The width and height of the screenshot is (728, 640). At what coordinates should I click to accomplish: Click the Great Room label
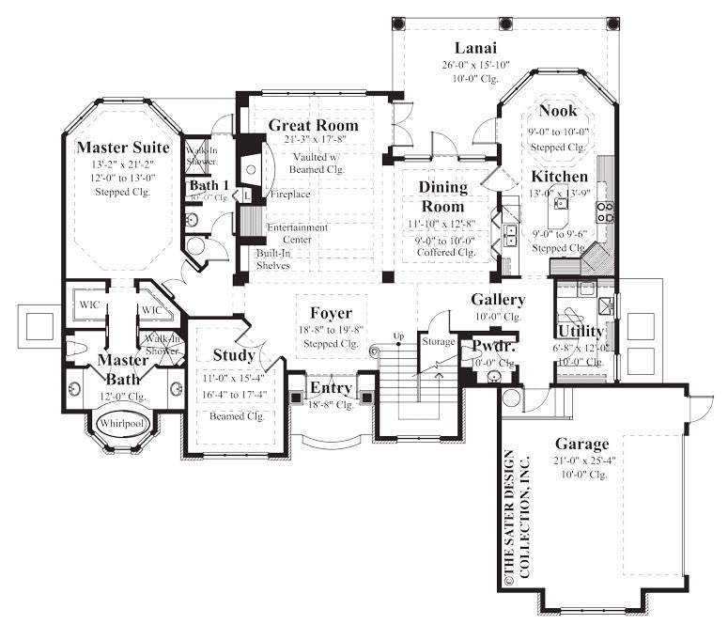click(314, 125)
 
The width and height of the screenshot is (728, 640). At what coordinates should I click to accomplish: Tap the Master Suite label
click(122, 148)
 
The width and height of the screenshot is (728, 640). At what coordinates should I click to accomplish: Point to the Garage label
click(581, 444)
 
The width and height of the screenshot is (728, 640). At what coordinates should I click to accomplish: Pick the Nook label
click(558, 112)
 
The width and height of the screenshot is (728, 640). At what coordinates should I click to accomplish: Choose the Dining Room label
click(442, 196)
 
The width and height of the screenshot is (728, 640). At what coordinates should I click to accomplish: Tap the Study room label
click(234, 356)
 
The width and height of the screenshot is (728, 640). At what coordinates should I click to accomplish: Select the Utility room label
click(581, 332)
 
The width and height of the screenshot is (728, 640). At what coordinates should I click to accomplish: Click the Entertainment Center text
click(297, 233)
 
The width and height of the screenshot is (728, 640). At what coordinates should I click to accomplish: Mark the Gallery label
click(498, 300)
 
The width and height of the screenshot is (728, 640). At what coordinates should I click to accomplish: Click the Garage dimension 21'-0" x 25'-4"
click(581, 460)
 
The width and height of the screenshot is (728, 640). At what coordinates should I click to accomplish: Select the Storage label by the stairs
click(438, 342)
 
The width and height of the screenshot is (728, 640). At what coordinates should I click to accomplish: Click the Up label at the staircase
click(398, 336)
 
